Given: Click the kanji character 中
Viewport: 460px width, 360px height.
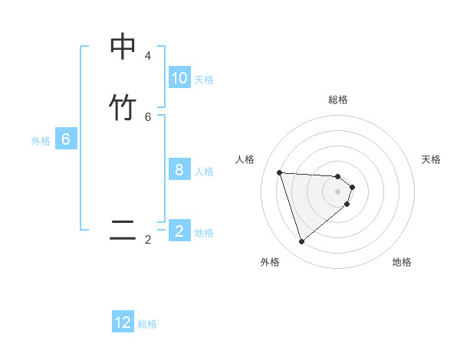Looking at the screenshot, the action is click(x=123, y=47).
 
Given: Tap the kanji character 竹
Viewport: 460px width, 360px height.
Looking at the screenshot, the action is click(x=123, y=107).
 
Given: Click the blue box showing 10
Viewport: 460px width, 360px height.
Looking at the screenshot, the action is click(x=179, y=78).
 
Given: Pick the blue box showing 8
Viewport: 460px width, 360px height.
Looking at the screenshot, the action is click(x=179, y=170).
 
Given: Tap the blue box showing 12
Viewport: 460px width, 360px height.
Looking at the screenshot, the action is click(x=123, y=322).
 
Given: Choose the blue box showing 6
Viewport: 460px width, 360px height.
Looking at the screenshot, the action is click(x=66, y=139).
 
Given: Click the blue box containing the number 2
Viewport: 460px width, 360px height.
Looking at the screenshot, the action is click(x=179, y=231).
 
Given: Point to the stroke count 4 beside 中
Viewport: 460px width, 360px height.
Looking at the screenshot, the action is click(x=148, y=56).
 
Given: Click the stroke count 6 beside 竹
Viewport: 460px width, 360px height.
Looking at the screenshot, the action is click(x=148, y=116).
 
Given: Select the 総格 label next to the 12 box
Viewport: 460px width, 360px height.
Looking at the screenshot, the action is click(x=147, y=324).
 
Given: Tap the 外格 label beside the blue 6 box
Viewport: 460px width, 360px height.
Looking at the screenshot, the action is click(x=41, y=141).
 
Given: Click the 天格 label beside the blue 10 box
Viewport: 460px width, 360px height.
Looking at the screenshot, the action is click(x=204, y=80).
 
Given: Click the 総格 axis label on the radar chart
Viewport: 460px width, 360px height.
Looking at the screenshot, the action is click(x=338, y=100).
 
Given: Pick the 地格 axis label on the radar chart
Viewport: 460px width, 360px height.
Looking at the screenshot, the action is click(x=402, y=262).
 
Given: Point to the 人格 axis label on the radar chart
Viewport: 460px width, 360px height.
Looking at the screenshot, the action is click(x=245, y=159).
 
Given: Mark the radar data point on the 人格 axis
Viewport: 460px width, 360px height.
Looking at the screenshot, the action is click(x=280, y=172).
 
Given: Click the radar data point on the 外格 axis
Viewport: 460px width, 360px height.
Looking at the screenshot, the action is click(x=302, y=242).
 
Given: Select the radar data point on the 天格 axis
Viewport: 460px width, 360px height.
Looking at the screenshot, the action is click(x=352, y=187).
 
